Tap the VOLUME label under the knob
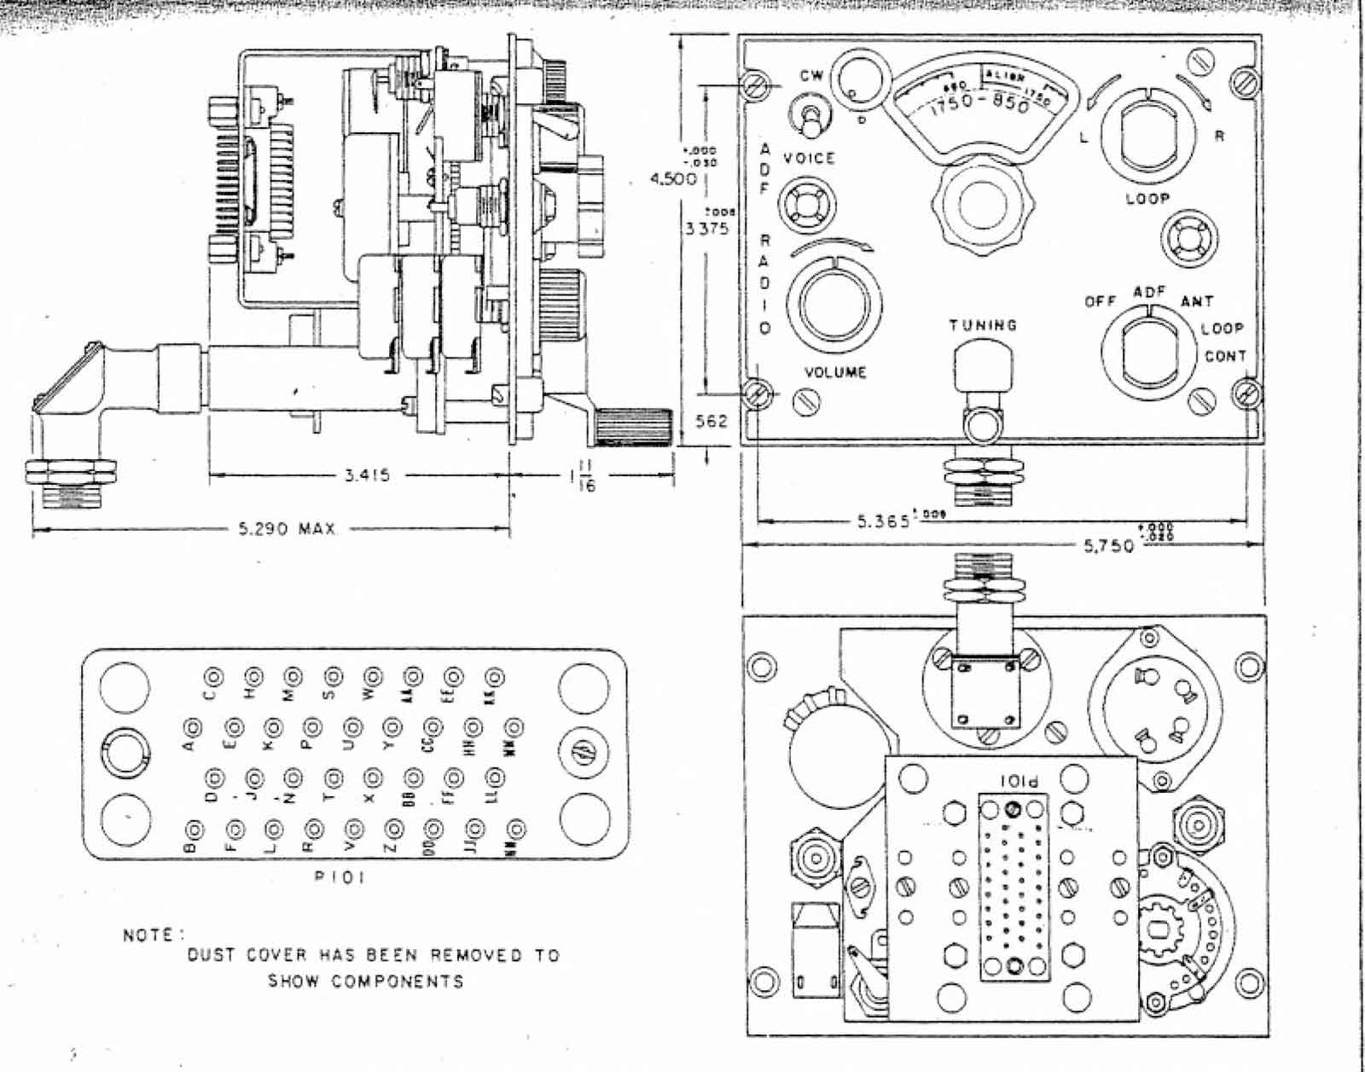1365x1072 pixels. (x=835, y=372)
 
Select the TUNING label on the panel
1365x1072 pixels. (x=983, y=325)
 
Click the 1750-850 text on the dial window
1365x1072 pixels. (x=979, y=104)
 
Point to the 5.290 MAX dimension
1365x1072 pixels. (x=287, y=529)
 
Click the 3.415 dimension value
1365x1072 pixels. (x=367, y=475)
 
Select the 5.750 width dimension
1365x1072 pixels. (x=1109, y=545)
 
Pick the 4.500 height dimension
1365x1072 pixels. (x=673, y=179)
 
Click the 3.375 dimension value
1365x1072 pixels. (x=706, y=229)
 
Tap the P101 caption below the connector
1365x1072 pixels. (x=340, y=877)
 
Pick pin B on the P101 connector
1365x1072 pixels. (x=195, y=830)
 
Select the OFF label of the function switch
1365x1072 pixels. (x=1100, y=301)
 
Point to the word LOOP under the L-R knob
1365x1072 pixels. (x=1147, y=198)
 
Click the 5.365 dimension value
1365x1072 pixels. (x=883, y=521)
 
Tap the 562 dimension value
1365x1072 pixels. (x=711, y=421)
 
